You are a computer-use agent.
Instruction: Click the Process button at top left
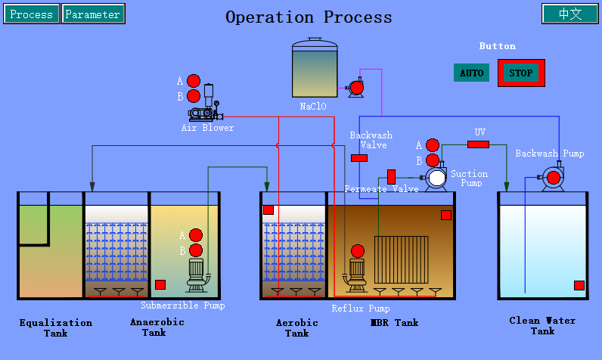coord(32,14)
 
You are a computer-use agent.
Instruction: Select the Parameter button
coord(93,14)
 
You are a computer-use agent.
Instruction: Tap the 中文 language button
coord(569,14)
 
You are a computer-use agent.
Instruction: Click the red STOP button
coord(521,73)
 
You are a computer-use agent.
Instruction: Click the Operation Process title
coord(309,17)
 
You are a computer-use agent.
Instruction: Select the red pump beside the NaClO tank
coord(356,88)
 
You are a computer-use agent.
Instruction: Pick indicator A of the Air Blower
coord(194,81)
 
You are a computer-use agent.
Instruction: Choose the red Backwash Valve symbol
coord(359,158)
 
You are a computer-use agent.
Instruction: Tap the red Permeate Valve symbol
coord(392,176)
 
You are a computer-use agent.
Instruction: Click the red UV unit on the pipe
coord(478,144)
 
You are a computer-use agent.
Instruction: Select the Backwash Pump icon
coord(552,178)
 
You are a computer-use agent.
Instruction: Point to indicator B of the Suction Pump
coord(432,160)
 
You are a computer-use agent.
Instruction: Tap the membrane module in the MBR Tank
coord(401,259)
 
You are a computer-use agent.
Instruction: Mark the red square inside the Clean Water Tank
coord(579,285)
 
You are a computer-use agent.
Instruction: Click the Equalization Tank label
coord(56,327)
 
